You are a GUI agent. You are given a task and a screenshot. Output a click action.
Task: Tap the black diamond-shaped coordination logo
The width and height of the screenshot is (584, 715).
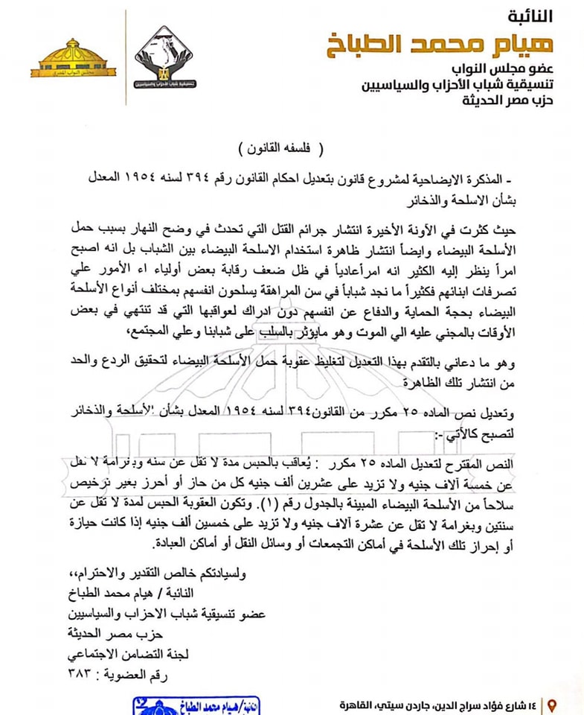point(163,60)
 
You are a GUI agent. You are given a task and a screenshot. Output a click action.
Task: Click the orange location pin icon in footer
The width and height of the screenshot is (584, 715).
point(551,705)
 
